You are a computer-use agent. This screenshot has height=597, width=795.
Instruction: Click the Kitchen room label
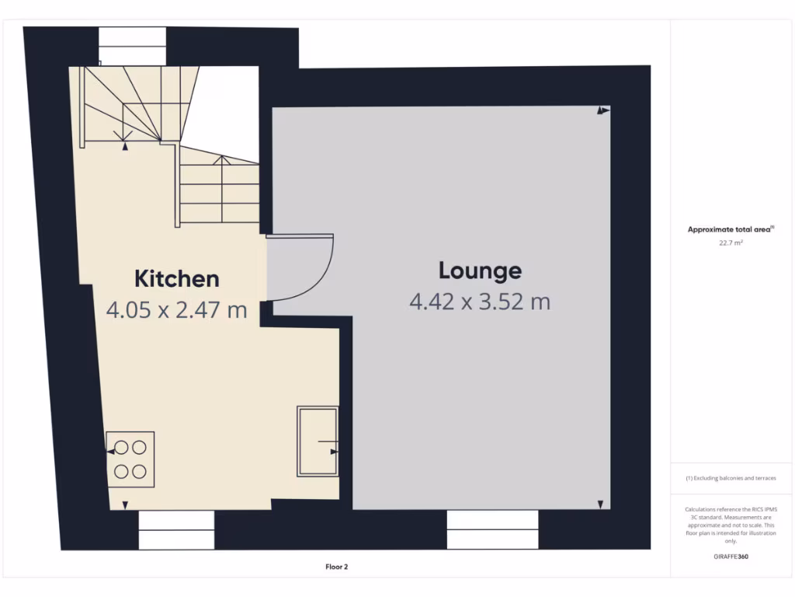(177, 278)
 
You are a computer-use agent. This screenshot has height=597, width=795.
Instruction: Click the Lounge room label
(480, 271)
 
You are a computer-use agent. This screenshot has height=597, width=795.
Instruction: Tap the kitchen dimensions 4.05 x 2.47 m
(176, 310)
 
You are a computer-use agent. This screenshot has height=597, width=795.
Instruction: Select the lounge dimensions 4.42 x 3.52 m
(480, 302)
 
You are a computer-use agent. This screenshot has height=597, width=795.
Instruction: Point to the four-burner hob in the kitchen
(130, 459)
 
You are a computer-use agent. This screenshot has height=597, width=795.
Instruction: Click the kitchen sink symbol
(318, 442)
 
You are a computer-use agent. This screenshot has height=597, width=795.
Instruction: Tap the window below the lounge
(492, 529)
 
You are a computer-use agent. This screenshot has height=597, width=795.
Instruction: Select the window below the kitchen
(176, 530)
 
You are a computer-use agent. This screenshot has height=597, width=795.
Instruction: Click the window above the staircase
(132, 47)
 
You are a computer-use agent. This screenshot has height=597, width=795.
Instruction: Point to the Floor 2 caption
(336, 567)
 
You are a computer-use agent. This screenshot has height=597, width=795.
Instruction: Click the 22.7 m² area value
(731, 243)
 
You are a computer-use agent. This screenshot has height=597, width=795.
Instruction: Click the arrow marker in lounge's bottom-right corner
(601, 504)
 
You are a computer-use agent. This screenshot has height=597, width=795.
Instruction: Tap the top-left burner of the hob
(122, 447)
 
